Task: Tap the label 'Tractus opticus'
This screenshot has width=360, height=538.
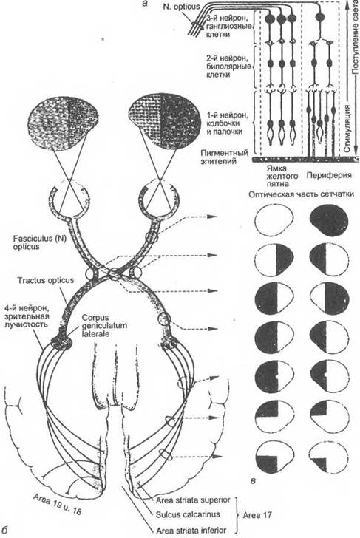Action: pyautogui.click(x=46, y=280)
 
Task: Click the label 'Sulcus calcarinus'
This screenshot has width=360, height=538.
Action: pyautogui.click(x=188, y=514)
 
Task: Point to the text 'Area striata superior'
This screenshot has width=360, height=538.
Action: pyautogui.click(x=193, y=500)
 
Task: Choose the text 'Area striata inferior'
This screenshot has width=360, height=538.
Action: pyautogui.click(x=191, y=530)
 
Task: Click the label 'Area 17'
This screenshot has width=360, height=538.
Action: pyautogui.click(x=257, y=514)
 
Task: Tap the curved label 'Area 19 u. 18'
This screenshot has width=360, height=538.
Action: pyautogui.click(x=58, y=504)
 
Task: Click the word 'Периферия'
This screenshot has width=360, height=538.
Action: pyautogui.click(x=329, y=174)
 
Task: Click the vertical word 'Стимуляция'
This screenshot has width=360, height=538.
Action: pyautogui.click(x=347, y=128)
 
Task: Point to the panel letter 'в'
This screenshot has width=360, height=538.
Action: pyautogui.click(x=253, y=481)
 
